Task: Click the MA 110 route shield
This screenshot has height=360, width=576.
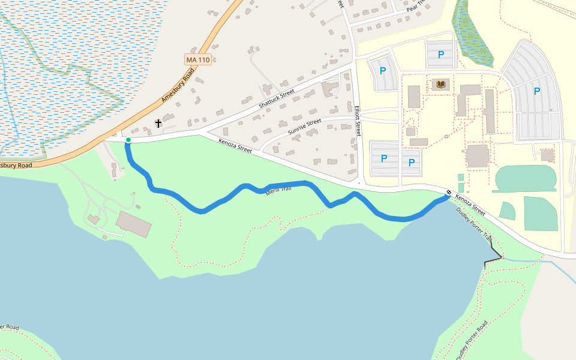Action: [x=198, y=60]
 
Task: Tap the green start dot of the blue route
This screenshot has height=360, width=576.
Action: [x=128, y=140]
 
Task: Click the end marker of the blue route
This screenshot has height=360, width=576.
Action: [x=449, y=193]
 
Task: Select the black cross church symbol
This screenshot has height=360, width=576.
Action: [x=158, y=124]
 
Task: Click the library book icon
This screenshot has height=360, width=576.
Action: [x=441, y=85]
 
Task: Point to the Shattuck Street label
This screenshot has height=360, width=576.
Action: [x=277, y=99]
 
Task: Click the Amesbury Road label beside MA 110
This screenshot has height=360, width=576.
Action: [x=178, y=86]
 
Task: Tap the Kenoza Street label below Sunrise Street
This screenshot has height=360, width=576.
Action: [x=235, y=146]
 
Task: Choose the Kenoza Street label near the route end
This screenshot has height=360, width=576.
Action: [x=470, y=205]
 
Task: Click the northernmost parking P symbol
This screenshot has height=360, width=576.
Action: [x=441, y=55]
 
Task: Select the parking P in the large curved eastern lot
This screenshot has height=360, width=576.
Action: [x=537, y=91]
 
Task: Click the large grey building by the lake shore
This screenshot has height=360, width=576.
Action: [x=134, y=223]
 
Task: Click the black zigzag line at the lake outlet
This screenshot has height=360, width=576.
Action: [x=493, y=258]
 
